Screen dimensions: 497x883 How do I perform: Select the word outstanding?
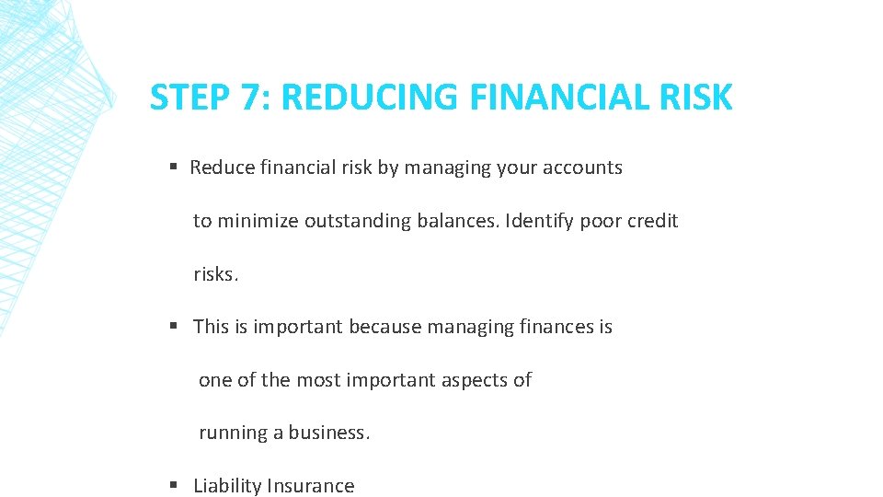click(357, 221)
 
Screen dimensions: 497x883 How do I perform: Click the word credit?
click(652, 221)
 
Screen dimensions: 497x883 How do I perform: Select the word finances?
click(556, 327)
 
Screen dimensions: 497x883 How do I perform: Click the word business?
click(329, 433)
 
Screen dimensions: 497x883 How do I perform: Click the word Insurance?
click(311, 486)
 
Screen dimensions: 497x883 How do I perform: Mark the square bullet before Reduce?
click(173, 168)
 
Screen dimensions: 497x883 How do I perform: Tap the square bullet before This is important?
click(173, 327)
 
